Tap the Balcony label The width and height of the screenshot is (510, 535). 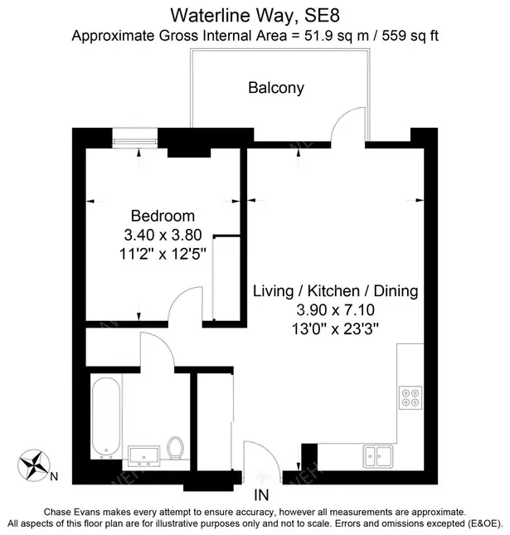276,87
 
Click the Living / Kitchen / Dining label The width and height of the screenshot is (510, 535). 334,291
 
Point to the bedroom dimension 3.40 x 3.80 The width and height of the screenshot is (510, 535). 163,234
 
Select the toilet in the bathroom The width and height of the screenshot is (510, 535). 175,449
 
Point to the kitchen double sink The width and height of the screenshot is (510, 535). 378,455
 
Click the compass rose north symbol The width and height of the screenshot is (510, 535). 33,464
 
